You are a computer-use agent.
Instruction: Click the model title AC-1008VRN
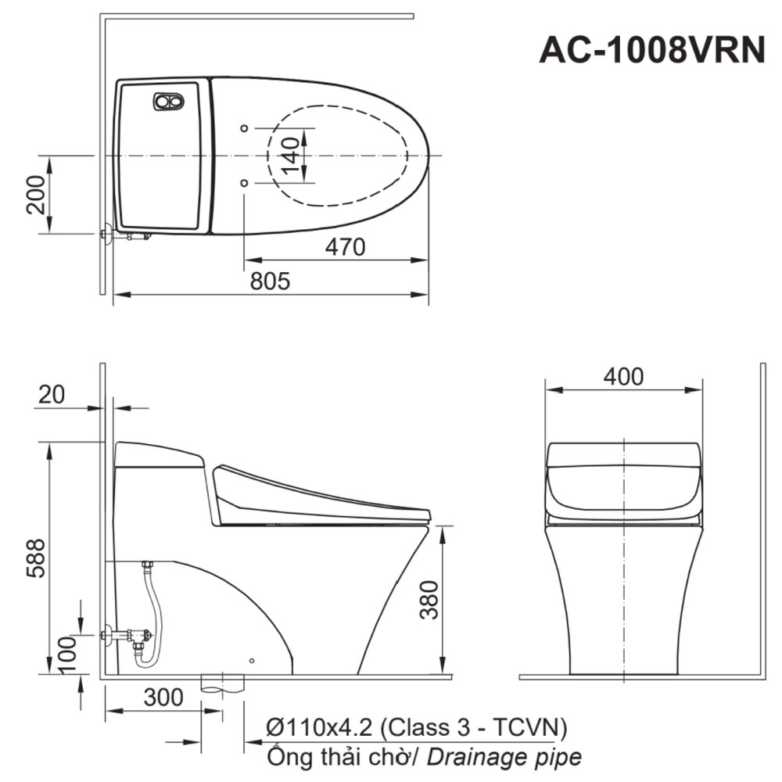click(652, 50)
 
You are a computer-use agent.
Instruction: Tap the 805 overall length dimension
click(270, 282)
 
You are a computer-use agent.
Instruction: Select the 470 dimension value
click(345, 247)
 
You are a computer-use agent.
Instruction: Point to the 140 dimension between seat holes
click(290, 156)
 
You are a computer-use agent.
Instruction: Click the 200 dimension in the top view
click(35, 195)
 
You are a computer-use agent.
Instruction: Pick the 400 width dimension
click(623, 376)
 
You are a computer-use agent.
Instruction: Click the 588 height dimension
click(35, 558)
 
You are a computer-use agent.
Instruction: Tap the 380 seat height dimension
click(429, 600)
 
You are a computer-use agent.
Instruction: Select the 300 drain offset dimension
click(163, 697)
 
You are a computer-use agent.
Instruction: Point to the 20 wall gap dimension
click(52, 394)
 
